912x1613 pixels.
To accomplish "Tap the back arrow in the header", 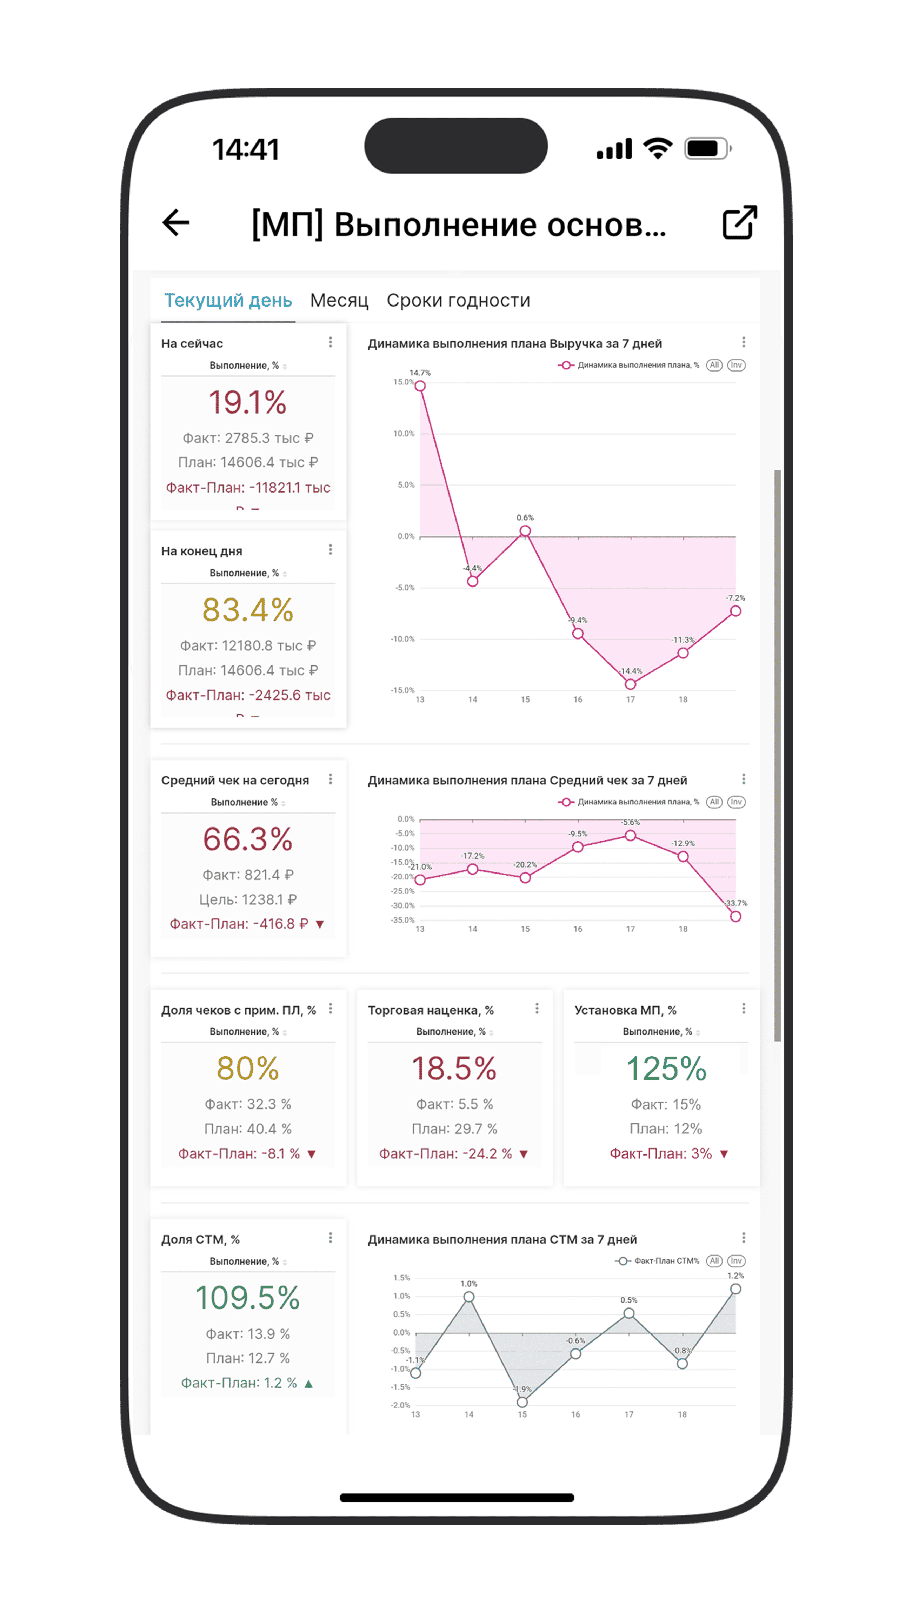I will pos(176,223).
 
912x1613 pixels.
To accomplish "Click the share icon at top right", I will pos(740,222).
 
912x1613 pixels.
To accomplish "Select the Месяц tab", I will pos(339,301).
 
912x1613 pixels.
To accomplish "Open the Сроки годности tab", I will pos(458,301).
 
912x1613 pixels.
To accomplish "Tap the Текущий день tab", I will pos(228,301).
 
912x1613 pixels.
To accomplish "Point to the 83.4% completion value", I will pos(247,610).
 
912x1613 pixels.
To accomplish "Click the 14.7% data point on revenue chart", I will pos(420,386).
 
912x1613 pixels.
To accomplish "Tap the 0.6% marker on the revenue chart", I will pos(525,531).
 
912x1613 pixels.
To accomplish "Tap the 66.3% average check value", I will pos(247,839).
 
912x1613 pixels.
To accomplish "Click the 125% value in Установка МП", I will pos(666,1068).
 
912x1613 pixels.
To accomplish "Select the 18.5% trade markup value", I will pos(454,1068).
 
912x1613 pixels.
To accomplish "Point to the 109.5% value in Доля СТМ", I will pos(247,1297).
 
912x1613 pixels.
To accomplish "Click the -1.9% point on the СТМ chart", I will pos(522,1402).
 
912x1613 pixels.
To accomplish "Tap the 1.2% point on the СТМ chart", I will pos(735,1289).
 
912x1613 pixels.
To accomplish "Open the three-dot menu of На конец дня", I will pos(331,550).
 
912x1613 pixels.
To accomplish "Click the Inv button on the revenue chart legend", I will pos(736,365).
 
